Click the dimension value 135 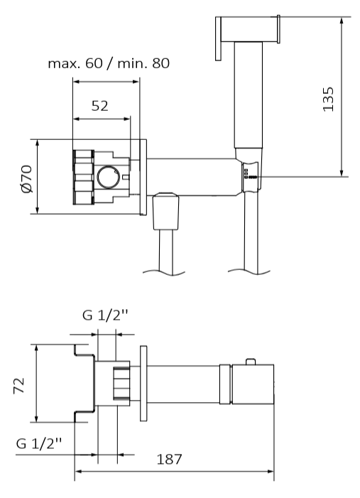(x=328, y=99)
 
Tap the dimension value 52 (x=99, y=106)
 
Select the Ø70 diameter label (x=27, y=178)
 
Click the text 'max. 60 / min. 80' (x=109, y=63)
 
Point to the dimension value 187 (x=169, y=459)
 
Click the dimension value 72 (x=19, y=386)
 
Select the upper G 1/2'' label (x=105, y=315)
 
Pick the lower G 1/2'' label (x=39, y=443)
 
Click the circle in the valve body (x=109, y=177)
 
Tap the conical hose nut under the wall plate (x=165, y=211)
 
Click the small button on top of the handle (x=251, y=362)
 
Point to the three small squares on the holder (x=246, y=172)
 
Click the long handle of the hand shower (x=249, y=95)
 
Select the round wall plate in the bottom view (x=143, y=384)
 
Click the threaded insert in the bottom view (x=121, y=384)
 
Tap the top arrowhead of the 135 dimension (x=342, y=21)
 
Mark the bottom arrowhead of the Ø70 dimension (x=37, y=210)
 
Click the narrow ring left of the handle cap (x=225, y=384)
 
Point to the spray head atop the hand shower (x=248, y=29)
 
